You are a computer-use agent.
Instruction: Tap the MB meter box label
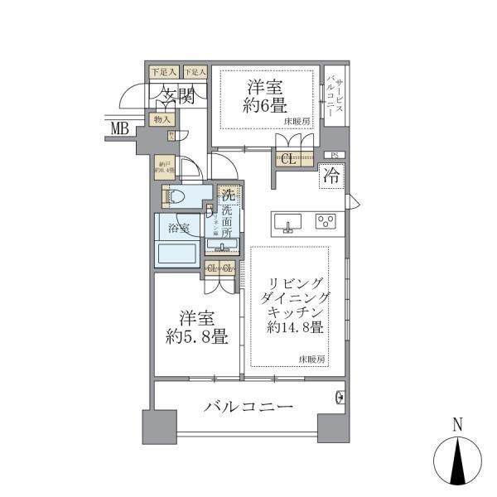pyautogui.click(x=121, y=128)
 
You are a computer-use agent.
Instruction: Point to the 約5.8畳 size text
pyautogui.click(x=197, y=337)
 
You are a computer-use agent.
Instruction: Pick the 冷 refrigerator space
pyautogui.click(x=330, y=176)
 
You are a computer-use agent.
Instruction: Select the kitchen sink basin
pyautogui.click(x=289, y=221)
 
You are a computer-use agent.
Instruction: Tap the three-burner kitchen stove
pyautogui.click(x=326, y=221)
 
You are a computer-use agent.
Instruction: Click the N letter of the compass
pyautogui.click(x=457, y=426)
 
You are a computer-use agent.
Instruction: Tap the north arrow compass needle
pyautogui.click(x=457, y=461)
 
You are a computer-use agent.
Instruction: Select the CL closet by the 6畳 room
pyautogui.click(x=288, y=160)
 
